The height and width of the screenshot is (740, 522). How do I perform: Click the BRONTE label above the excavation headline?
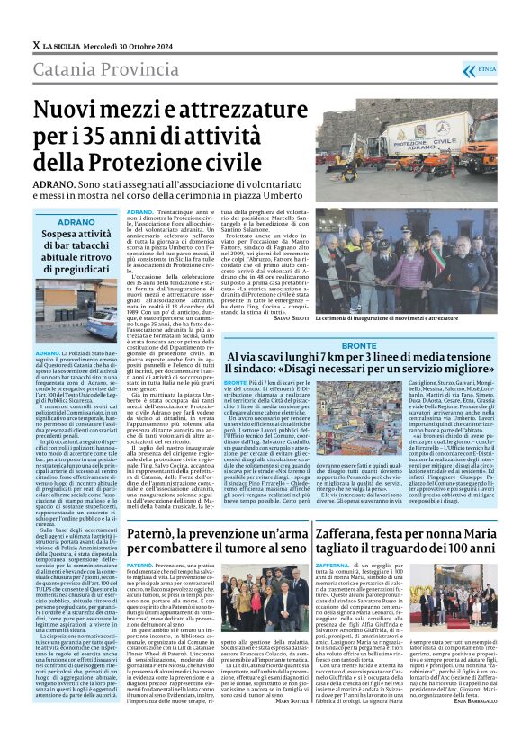tap(360, 346)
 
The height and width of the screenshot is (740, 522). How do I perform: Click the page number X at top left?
tap(35, 45)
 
